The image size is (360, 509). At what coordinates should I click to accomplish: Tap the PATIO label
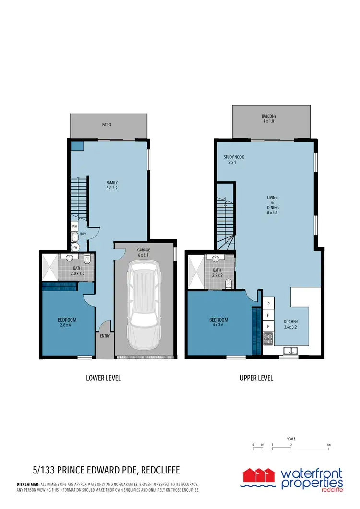click(x=107, y=125)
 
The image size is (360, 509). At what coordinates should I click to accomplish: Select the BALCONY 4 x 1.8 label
click(x=269, y=119)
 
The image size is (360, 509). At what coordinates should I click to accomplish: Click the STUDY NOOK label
click(x=232, y=160)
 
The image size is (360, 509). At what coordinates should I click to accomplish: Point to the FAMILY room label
click(x=112, y=185)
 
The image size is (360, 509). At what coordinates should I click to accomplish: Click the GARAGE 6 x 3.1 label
click(x=144, y=252)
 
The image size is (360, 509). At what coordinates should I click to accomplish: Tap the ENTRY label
click(x=105, y=336)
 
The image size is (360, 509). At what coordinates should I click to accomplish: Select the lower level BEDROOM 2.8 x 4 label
click(x=67, y=322)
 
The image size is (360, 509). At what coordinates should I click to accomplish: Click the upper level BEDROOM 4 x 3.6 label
click(x=218, y=322)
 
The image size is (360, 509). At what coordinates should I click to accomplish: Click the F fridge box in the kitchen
click(x=267, y=315)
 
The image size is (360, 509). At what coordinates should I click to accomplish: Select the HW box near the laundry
click(x=75, y=247)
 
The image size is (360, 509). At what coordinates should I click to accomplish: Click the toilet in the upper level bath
click(x=229, y=282)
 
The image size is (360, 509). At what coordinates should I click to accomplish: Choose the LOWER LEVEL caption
click(x=103, y=378)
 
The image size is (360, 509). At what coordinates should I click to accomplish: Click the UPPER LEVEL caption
click(x=256, y=378)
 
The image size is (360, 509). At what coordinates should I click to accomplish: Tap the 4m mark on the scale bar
click(x=329, y=445)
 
